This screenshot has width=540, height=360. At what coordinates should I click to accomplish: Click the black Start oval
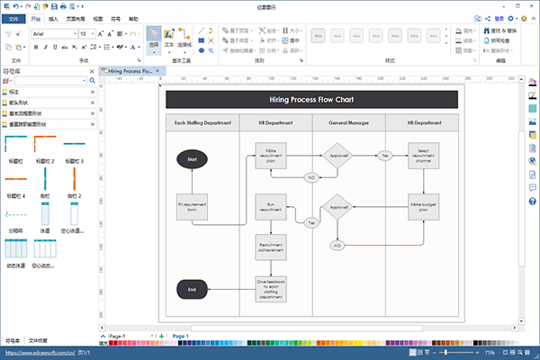[x=192, y=158]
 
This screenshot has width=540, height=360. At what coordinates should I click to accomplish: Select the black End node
[x=192, y=290]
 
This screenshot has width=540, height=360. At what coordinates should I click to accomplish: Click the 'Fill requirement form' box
[x=192, y=208]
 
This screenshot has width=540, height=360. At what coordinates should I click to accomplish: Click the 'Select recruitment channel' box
[x=423, y=157]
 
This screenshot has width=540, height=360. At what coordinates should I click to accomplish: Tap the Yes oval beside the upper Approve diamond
[x=385, y=156]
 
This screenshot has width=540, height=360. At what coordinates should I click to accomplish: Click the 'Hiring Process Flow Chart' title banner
[x=311, y=100]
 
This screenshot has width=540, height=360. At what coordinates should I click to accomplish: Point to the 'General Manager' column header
[x=348, y=122]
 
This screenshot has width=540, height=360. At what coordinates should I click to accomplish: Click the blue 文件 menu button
[x=13, y=18]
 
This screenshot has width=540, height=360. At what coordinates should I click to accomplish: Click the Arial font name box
[x=51, y=33]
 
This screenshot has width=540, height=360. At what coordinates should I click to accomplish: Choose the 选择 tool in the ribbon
[x=153, y=39]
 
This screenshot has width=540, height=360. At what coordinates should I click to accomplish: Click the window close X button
[x=532, y=5]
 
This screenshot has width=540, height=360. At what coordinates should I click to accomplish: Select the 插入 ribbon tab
[x=54, y=18]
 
